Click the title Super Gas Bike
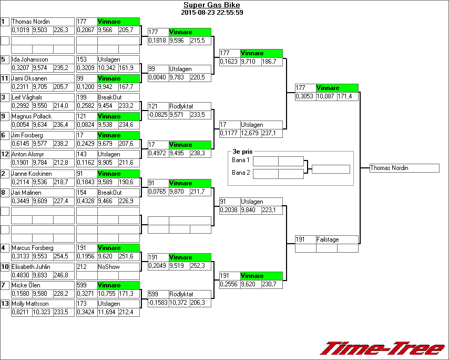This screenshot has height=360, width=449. point(212,5)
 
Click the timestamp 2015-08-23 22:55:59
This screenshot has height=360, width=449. point(212,13)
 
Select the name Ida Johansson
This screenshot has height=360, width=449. point(30,60)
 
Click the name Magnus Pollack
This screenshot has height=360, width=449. point(32,116)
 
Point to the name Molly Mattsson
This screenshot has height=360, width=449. point(30,304)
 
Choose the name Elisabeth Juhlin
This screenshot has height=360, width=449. point(31,266)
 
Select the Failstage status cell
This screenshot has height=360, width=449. point(328,239)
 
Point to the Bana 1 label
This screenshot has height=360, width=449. point(240,160)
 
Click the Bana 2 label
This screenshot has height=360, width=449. point(240,172)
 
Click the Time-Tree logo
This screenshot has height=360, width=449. point(382,348)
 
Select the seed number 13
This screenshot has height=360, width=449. point(5,304)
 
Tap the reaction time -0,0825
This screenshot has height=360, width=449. point(158,115)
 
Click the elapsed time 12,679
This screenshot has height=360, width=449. point(250,134)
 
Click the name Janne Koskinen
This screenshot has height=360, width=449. point(31,174)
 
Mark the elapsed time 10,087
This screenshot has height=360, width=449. point(326,97)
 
